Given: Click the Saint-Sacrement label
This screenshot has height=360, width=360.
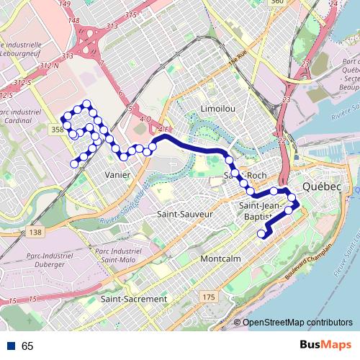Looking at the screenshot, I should click(x=134, y=298).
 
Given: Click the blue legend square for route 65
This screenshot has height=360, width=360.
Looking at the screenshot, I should click(x=11, y=346).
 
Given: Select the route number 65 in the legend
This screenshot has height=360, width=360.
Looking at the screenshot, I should click(x=27, y=346).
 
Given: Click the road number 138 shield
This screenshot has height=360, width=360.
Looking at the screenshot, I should click(x=35, y=232).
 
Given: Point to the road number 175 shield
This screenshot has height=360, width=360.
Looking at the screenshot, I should click(x=209, y=297).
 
